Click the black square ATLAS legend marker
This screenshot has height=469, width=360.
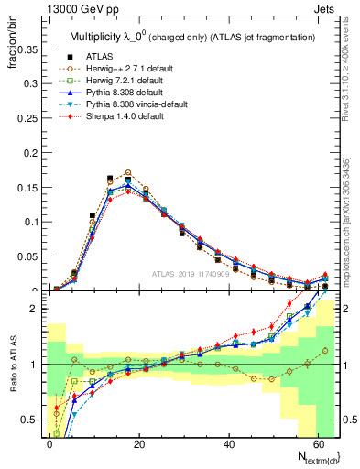67,55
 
